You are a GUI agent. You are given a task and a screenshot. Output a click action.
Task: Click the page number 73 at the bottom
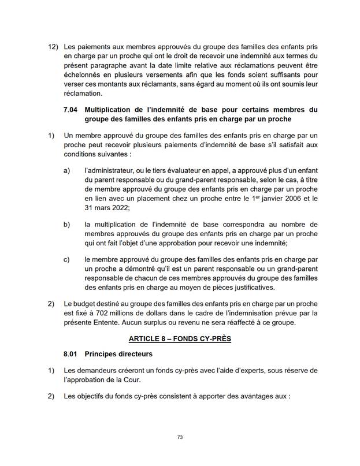tap(180, 438)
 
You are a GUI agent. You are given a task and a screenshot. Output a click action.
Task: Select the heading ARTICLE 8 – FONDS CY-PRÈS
tap(180, 338)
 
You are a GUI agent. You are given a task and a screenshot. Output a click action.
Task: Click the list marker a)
tap(67, 170)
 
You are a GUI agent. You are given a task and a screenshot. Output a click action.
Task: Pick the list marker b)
tap(67, 223)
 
